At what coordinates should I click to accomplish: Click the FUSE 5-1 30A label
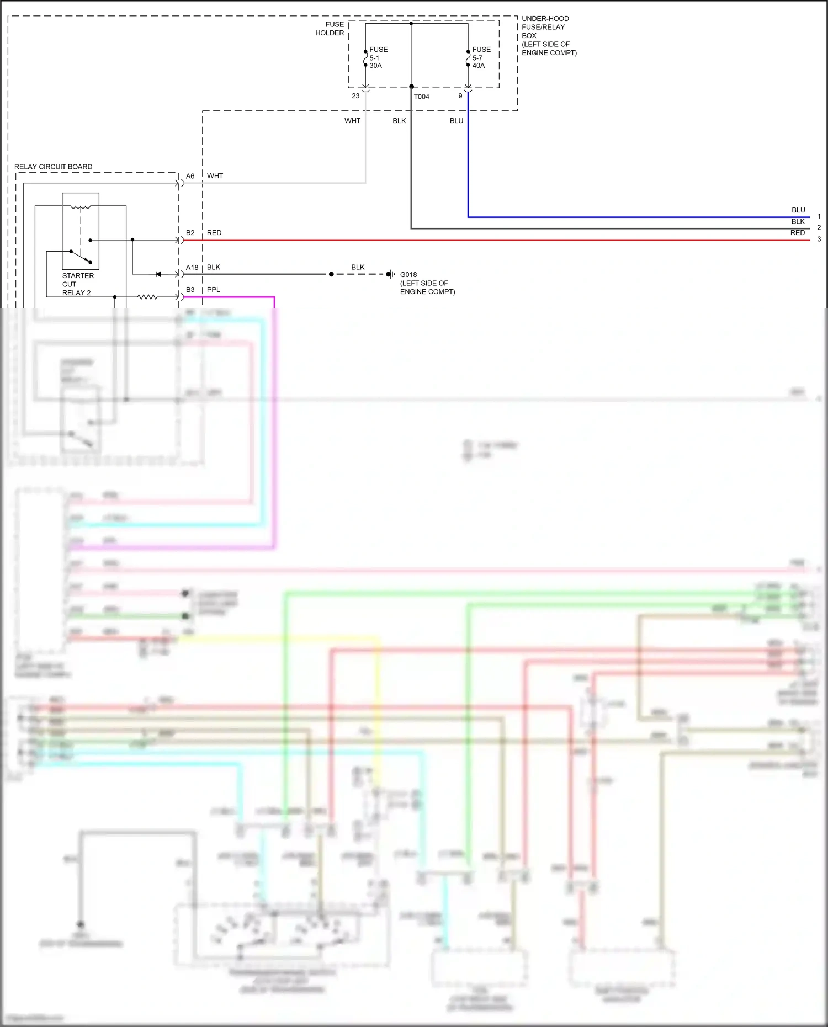point(378,57)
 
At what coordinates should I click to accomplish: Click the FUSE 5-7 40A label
point(481,57)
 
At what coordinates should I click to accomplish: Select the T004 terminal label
point(421,97)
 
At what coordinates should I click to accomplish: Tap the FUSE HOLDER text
point(330,29)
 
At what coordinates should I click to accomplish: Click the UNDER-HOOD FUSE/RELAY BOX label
point(548,35)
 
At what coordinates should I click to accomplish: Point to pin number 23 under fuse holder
point(355,96)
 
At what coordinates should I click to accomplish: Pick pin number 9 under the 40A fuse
point(460,96)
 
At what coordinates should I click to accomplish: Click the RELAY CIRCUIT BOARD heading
point(53,167)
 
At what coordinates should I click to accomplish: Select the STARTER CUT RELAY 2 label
point(77,284)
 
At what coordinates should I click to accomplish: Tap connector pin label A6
point(190,176)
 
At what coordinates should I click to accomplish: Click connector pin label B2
point(190,233)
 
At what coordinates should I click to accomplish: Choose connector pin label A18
point(192,268)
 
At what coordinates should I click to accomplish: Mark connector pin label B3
point(190,290)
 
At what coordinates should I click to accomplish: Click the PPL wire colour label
point(213,290)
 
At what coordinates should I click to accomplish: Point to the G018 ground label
point(408,274)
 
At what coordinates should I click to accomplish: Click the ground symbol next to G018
point(390,274)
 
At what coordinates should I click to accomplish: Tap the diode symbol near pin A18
point(158,274)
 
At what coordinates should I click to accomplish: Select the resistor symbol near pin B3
point(147,297)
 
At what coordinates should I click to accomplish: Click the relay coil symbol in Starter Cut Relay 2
point(81,207)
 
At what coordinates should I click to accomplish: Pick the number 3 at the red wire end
point(819,240)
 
